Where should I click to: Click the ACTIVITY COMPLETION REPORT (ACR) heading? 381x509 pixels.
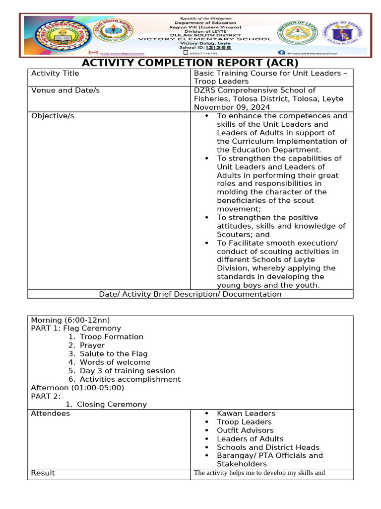point(190,63)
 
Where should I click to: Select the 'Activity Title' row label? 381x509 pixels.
point(55,74)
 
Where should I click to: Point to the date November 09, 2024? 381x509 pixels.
point(232,107)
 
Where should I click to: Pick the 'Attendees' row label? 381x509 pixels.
point(51,414)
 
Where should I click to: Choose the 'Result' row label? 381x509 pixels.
point(43,473)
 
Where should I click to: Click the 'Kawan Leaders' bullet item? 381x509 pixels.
point(246,414)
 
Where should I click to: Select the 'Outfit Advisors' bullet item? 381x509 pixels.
point(245,430)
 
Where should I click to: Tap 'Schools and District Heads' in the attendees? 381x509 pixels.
point(268,447)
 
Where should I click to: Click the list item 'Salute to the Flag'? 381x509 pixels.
point(114,354)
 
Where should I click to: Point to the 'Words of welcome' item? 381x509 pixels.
point(115,362)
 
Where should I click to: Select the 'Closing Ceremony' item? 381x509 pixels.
point(112,405)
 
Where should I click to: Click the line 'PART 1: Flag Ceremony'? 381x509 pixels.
point(76,328)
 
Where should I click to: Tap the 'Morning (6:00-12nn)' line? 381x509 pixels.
point(70,320)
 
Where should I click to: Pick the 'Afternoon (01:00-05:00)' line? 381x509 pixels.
point(77,388)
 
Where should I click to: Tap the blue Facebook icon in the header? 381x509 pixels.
point(281,52)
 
